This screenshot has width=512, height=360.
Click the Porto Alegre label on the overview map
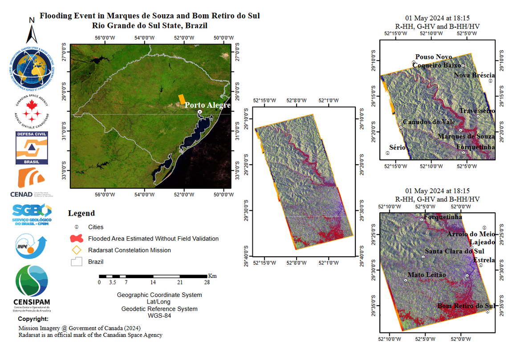pyautogui.click(x=208, y=105)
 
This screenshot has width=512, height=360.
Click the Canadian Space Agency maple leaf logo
pyautogui.click(x=32, y=111)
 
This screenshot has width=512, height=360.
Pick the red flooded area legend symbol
pyautogui.click(x=76, y=239)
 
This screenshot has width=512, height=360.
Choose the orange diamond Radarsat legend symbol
pyautogui.click(x=76, y=250)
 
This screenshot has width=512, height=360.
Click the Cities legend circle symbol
pyautogui.click(x=76, y=227)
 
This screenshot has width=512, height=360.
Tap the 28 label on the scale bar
pyautogui.click(x=207, y=282)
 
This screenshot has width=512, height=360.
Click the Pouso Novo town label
pyautogui.click(x=434, y=57)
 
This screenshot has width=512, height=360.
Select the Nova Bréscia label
pyautogui.click(x=474, y=76)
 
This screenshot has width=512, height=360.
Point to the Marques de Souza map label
pyautogui.click(x=466, y=136)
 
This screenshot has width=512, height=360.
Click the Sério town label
pyautogui.click(x=397, y=147)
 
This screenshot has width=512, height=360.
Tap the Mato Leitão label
pyautogui.click(x=427, y=275)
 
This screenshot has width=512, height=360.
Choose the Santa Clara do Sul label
pyautogui.click(x=454, y=251)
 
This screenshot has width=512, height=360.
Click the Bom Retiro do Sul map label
pyautogui.click(x=466, y=306)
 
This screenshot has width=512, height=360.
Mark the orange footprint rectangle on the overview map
pyautogui.click(x=182, y=99)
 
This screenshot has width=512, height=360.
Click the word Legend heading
pyautogui.click(x=81, y=214)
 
